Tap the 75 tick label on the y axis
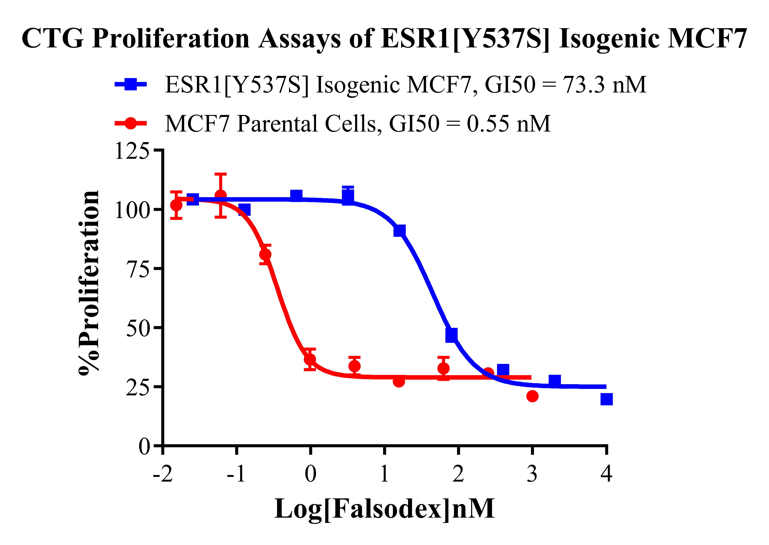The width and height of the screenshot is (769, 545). coord(138,269)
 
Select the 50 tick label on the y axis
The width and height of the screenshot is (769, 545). coord(138,328)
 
